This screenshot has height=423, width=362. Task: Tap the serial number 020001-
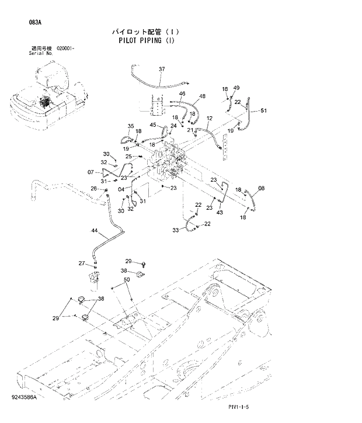65,48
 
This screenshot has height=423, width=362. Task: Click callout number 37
162,70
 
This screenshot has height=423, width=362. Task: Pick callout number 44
95,231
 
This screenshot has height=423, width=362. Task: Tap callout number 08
261,188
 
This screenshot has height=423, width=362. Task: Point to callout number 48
202,96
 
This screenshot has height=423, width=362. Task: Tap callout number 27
82,263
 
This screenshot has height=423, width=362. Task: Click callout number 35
131,126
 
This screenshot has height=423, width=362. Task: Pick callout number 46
182,94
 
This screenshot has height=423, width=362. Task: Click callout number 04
121,189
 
